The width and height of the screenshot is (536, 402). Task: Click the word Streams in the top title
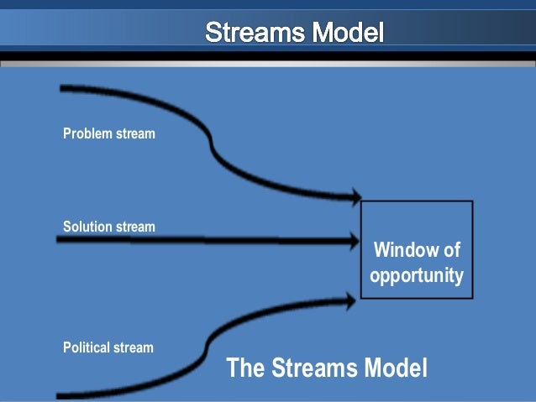255,34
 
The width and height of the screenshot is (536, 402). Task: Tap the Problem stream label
109,133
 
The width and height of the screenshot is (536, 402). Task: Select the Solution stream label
109,227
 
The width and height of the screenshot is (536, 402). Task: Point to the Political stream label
108,347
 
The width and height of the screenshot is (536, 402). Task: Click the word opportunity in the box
417,275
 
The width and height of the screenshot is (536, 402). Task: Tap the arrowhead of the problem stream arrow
353,198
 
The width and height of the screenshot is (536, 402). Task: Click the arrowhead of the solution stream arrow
353,242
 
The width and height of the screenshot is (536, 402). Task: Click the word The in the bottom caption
246,368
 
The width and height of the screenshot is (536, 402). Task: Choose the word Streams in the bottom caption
315,368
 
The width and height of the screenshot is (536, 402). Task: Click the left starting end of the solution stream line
59,241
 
